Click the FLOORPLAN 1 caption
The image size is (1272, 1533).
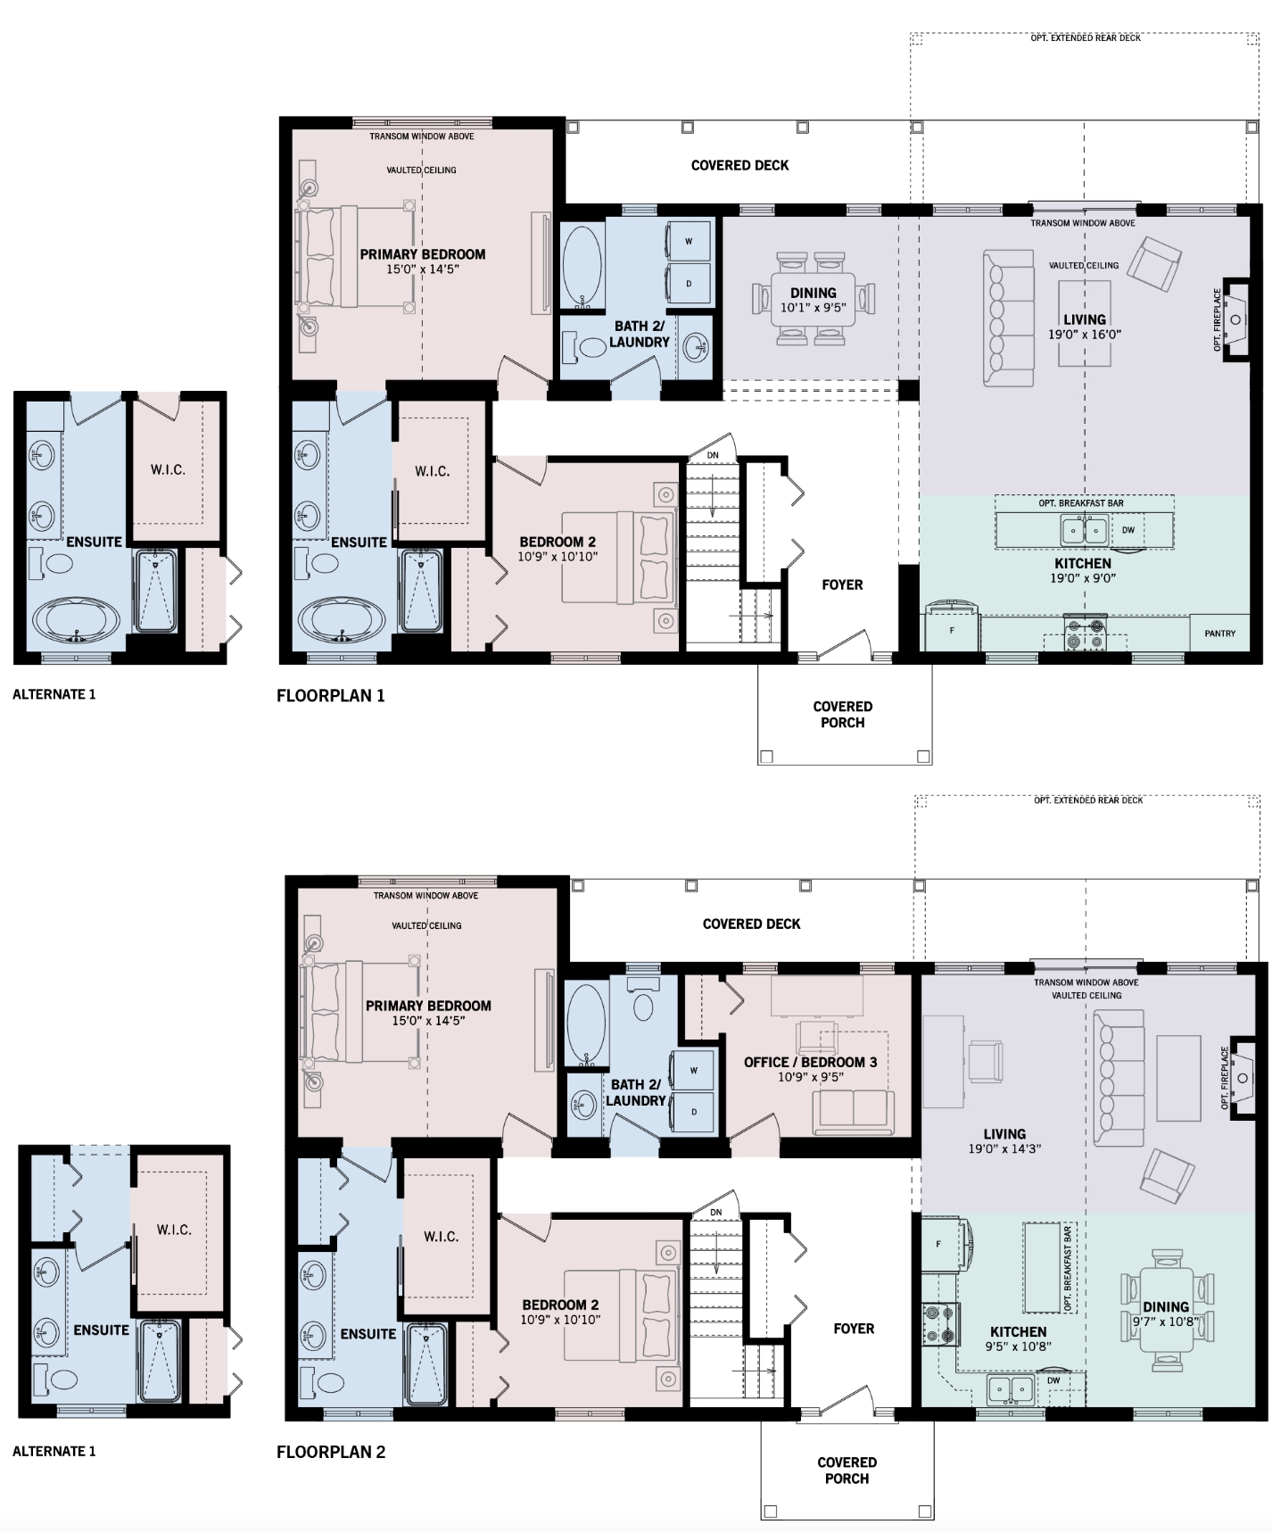pyautogui.click(x=331, y=696)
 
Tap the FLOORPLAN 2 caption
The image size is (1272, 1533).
pyautogui.click(x=331, y=1453)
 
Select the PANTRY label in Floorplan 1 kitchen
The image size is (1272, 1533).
pyautogui.click(x=1219, y=634)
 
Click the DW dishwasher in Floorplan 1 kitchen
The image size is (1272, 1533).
pyautogui.click(x=1128, y=530)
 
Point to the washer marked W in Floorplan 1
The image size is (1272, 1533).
pyautogui.click(x=689, y=241)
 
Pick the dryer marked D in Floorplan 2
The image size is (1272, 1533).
pyautogui.click(x=694, y=1112)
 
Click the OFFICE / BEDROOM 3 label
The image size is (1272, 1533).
pyautogui.click(x=811, y=1063)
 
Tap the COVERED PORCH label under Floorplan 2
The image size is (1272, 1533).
pyautogui.click(x=847, y=1471)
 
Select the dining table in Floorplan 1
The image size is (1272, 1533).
pyautogui.click(x=813, y=299)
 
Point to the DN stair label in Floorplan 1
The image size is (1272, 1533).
pyautogui.click(x=713, y=456)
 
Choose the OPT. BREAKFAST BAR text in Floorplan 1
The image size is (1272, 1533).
pyautogui.click(x=1081, y=503)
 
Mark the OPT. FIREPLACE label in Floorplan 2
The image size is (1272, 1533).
pyautogui.click(x=1226, y=1078)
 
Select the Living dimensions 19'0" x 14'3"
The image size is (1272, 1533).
pyautogui.click(x=1004, y=1149)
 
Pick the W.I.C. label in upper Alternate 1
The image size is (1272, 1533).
pyautogui.click(x=168, y=469)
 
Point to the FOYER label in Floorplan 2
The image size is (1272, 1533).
pyautogui.click(x=854, y=1329)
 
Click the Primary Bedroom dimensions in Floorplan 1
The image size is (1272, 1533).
pyautogui.click(x=423, y=269)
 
